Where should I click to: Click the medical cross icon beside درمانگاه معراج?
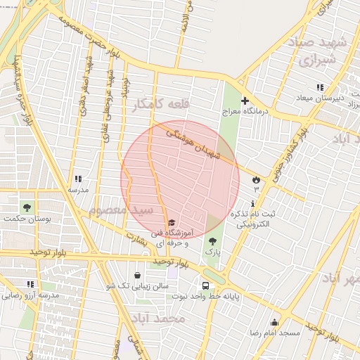[x=245, y=101]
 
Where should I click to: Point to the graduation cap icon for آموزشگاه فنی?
[x=172, y=223]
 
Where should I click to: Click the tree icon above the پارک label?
[x=212, y=240]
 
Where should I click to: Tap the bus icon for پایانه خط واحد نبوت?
[x=205, y=285]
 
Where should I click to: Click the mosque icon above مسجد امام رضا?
[x=274, y=322]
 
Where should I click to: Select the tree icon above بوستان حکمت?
[x=27, y=207]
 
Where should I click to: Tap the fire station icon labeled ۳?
[x=255, y=179]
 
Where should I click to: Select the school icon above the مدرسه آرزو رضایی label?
[x=30, y=284]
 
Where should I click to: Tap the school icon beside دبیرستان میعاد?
[x=321, y=87]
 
